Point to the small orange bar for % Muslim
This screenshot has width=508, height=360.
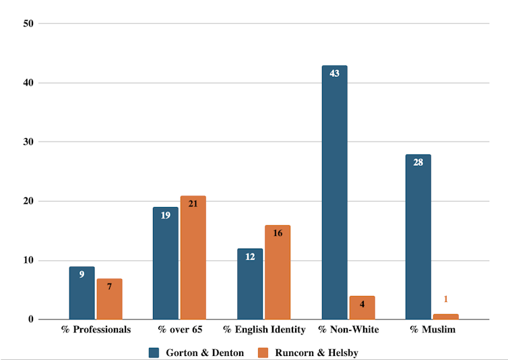[445, 316]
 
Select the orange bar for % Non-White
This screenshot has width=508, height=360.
[362, 307]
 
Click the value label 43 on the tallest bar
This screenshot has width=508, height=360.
[334, 73]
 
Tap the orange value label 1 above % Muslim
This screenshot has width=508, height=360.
[445, 299]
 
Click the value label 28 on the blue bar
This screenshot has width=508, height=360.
[418, 162]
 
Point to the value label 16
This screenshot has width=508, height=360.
[277, 233]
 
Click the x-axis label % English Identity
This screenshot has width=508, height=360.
[264, 330]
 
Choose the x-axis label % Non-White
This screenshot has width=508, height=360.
[348, 330]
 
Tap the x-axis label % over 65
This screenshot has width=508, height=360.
[180, 330]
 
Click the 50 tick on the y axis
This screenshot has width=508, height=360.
[28, 24]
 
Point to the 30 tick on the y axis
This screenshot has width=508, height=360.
[28, 142]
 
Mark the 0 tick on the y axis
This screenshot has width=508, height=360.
[30, 320]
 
